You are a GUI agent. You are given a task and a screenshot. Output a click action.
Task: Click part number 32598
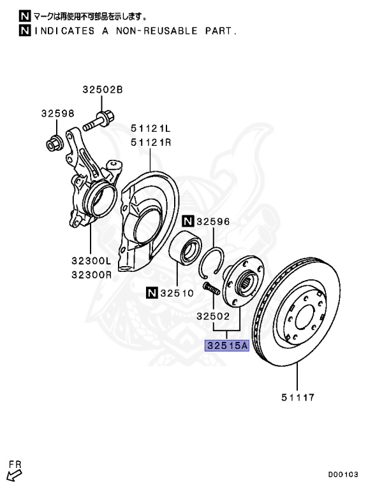57,113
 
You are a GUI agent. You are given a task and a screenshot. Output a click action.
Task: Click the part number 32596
214,222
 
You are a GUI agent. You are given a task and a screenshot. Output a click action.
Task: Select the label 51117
297,399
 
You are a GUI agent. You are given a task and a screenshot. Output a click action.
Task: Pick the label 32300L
91,261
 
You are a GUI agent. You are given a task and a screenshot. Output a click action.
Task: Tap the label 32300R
91,276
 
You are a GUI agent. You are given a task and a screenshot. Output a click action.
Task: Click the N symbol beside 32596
187,222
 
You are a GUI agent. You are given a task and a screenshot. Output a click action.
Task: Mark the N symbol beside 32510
151,294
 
